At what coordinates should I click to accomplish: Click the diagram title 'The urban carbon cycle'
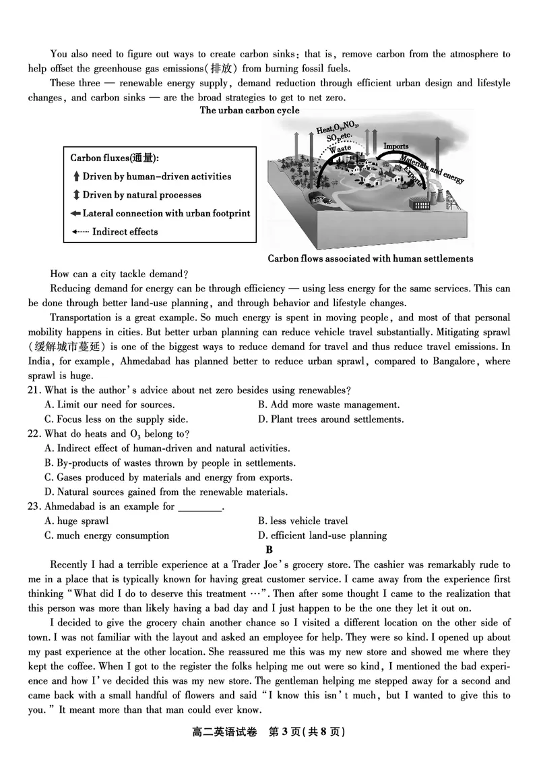point(249,111)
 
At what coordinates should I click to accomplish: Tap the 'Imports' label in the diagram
point(395,146)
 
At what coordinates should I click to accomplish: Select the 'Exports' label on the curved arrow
point(413,175)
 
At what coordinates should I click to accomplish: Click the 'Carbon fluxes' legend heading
point(115,158)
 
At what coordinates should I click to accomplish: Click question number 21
point(35,390)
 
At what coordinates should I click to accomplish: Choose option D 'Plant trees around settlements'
point(331,419)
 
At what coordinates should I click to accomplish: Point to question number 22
point(35,434)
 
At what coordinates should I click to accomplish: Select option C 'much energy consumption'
point(106,535)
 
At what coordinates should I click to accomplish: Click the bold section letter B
point(269,550)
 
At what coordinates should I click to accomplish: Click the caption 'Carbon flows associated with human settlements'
point(371,258)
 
